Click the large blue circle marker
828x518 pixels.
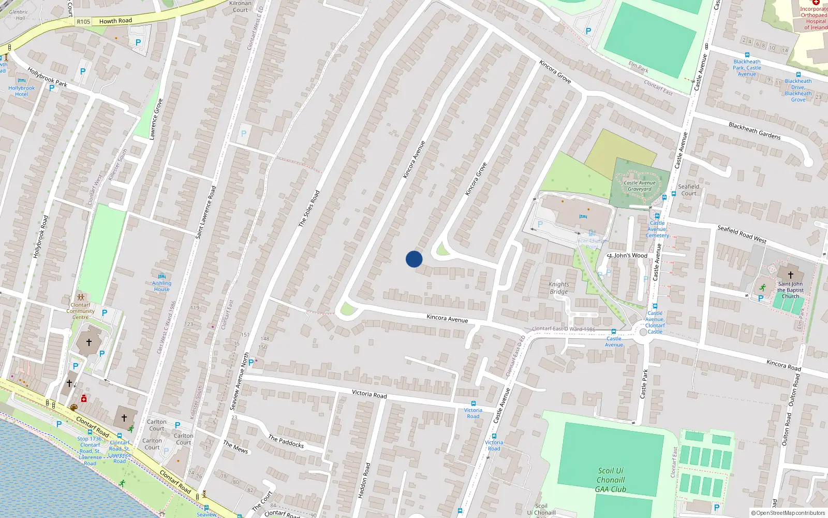[x=414, y=259]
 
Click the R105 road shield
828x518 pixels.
[x=83, y=22]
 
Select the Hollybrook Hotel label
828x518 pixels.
[x=22, y=91]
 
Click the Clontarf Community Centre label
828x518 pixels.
[x=80, y=311]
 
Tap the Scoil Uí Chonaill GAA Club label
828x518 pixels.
[x=611, y=480]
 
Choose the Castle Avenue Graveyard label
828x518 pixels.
[x=640, y=186]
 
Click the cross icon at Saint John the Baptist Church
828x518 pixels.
[x=790, y=275]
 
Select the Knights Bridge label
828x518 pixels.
[x=559, y=288]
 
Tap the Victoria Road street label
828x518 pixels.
[x=369, y=394]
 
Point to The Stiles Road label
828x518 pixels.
[x=309, y=208]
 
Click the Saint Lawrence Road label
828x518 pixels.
[x=205, y=212]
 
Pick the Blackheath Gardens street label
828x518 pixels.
[x=755, y=131]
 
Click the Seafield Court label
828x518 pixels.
[x=688, y=190]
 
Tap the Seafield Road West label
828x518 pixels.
[x=742, y=234]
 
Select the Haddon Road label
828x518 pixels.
[x=364, y=481]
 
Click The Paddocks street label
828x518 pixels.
[x=286, y=441]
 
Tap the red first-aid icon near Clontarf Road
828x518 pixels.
[x=84, y=399]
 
